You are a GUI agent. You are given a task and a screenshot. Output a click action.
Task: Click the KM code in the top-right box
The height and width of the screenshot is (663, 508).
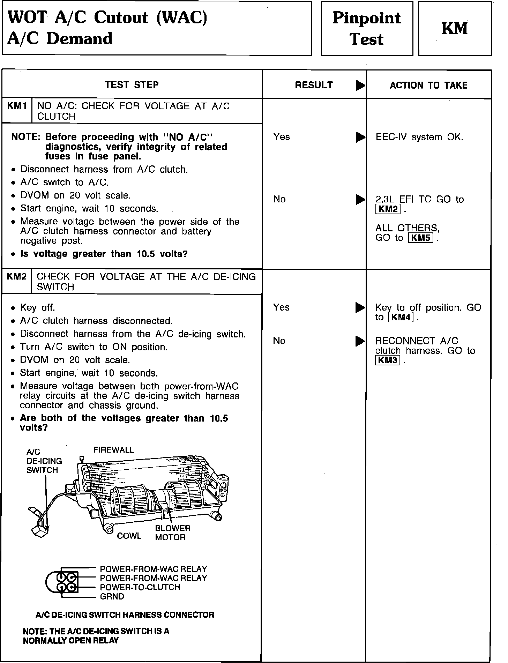pyautogui.click(x=455, y=29)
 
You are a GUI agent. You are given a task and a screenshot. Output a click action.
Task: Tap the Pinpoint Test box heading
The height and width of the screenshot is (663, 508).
pyautogui.click(x=366, y=29)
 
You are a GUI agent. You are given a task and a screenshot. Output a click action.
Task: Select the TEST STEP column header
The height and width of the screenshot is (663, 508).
pyautogui.click(x=132, y=85)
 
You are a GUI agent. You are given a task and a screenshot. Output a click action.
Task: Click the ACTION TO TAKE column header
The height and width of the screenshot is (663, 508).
pyautogui.click(x=428, y=85)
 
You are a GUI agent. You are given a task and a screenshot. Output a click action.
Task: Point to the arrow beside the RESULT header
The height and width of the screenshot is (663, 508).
pyautogui.click(x=360, y=86)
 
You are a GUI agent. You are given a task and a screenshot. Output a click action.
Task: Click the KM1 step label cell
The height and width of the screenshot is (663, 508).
pyautogui.click(x=17, y=106)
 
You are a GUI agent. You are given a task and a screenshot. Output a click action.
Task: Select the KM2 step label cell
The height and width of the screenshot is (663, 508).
pyautogui.click(x=17, y=277)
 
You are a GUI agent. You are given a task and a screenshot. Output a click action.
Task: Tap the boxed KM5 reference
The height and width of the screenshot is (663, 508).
pyautogui.click(x=420, y=238)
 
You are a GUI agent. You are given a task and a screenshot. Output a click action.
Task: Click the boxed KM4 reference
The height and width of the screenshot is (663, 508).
pyautogui.click(x=401, y=317)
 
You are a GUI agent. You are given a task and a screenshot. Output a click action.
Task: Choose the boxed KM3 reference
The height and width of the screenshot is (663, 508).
pyautogui.click(x=388, y=360)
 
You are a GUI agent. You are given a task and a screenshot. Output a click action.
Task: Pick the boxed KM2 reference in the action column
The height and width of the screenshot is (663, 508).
pyautogui.click(x=388, y=209)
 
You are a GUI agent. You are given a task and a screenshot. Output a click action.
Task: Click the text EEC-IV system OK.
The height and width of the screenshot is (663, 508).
pyautogui.click(x=419, y=137)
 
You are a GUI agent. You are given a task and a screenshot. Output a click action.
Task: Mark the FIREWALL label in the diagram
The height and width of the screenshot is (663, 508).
pyautogui.click(x=113, y=450)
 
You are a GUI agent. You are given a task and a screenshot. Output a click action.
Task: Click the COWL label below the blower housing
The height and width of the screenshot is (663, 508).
pyautogui.click(x=129, y=536)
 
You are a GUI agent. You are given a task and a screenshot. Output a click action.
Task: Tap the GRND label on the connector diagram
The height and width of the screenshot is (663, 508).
pyautogui.click(x=112, y=596)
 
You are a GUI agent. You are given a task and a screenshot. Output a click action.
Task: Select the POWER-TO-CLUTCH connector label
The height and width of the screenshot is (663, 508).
pyautogui.click(x=140, y=587)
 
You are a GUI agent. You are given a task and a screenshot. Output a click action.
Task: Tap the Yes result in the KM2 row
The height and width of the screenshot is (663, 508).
pyautogui.click(x=282, y=307)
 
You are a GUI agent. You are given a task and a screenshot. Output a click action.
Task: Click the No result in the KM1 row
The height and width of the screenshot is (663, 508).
pyautogui.click(x=279, y=199)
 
